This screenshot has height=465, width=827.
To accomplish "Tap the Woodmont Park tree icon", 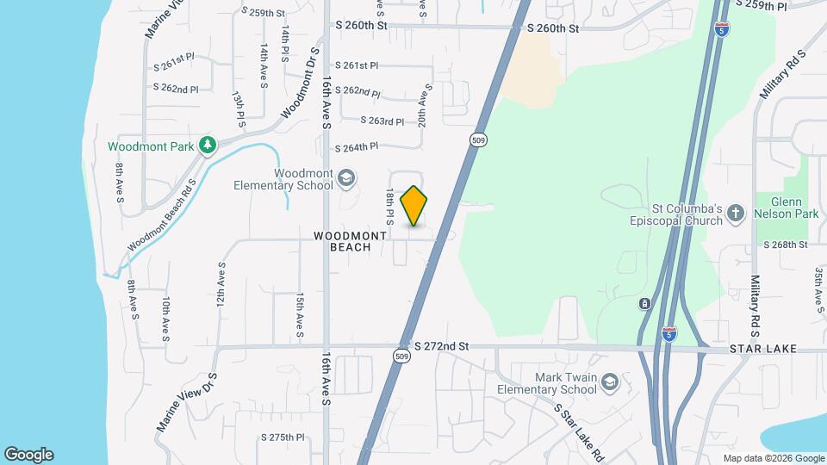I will pos(207,146).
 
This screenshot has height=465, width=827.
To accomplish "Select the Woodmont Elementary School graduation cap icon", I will pos(346,178).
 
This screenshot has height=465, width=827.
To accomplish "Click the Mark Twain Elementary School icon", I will pos(610,381).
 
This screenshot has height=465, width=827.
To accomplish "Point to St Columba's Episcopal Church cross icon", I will pos(736,213).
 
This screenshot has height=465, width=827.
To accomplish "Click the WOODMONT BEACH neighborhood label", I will pos(342,241).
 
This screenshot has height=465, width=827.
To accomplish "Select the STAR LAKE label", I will pos(762,349).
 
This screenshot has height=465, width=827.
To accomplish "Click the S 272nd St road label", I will pos(441,346).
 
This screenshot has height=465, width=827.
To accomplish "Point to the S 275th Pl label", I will pos(283,437).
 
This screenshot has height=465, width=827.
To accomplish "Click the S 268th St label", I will pos(785,245).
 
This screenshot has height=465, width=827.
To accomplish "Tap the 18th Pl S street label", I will pos(390,208).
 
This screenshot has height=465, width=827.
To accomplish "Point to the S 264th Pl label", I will pos(357,147).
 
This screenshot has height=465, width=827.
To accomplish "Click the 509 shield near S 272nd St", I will pos(401,355).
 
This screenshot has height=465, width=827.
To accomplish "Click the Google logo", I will pos(28,455).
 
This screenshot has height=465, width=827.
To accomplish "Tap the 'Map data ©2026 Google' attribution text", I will pos(773,458).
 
